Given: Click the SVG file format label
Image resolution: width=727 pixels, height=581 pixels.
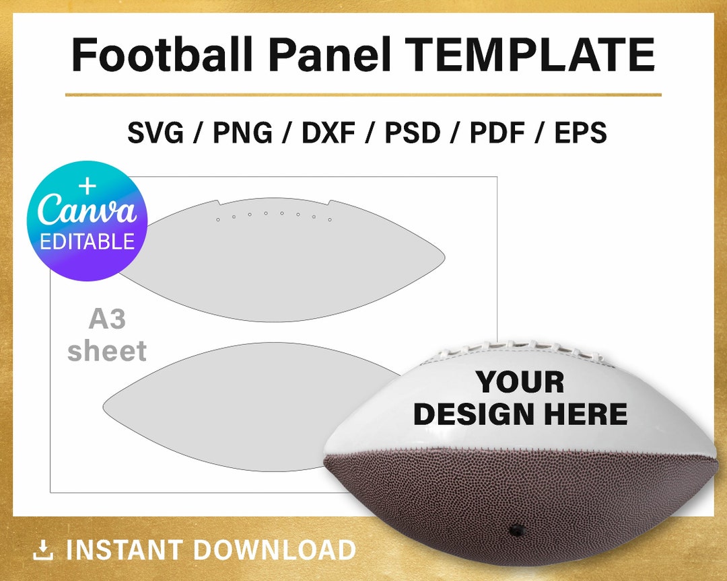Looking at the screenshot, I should (x=155, y=133).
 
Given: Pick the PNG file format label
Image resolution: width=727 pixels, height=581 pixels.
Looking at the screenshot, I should (x=242, y=133).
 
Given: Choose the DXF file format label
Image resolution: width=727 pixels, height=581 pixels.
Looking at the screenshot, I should (x=328, y=133).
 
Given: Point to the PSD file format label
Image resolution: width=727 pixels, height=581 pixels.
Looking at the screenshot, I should (x=412, y=133).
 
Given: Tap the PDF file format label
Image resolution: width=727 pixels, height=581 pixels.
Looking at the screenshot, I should (x=497, y=133).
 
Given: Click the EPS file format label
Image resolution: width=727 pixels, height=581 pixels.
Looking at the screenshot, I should (x=580, y=133).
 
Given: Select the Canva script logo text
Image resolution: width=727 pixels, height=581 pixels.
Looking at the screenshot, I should (x=87, y=210).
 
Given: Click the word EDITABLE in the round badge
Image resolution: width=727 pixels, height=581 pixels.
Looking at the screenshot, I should (x=87, y=241).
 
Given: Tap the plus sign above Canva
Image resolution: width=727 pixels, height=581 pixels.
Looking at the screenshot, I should (x=88, y=186).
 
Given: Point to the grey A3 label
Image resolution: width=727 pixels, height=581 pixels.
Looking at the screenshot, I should (x=107, y=319).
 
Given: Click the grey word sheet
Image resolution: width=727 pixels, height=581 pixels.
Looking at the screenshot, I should (x=107, y=350).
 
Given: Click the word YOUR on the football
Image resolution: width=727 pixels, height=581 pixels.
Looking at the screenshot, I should (x=520, y=383).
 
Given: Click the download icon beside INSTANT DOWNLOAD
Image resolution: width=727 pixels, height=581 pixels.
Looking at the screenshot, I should (x=43, y=551).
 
